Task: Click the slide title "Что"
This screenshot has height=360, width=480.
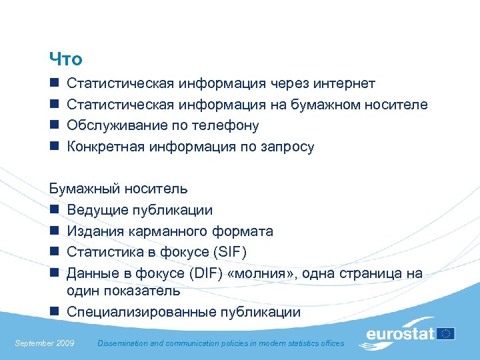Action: click(x=66, y=59)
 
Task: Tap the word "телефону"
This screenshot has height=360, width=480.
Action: click(x=225, y=126)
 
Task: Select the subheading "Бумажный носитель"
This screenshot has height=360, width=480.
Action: click(x=119, y=189)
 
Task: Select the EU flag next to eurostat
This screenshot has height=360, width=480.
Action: click(x=446, y=333)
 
